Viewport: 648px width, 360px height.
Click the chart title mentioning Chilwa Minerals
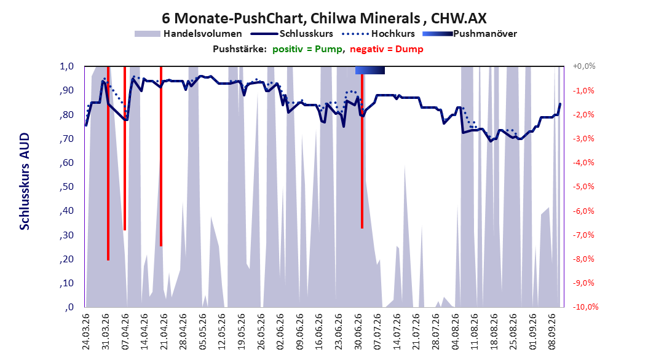pos(324,18)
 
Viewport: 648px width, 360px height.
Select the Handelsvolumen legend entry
pos(188,34)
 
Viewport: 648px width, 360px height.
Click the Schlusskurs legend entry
pos(292,34)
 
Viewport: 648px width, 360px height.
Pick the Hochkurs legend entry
pos(378,34)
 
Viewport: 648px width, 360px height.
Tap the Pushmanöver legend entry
pos(470,34)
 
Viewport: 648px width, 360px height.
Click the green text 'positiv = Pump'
pos(307,49)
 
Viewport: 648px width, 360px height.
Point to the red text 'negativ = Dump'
pos(387,49)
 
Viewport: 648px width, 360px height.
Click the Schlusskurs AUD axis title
pos(25,181)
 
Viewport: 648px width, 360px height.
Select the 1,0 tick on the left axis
pos(66,66)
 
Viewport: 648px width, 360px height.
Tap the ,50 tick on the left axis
pos(66,187)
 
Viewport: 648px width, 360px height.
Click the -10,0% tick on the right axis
pos(585,307)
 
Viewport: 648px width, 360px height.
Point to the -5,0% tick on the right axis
pos(583,187)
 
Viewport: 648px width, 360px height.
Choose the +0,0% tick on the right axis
pos(584,66)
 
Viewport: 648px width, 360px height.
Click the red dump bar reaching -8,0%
pos(108,163)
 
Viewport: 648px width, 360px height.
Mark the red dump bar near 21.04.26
pos(160,156)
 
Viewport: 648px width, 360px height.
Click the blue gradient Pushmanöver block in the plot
pos(370,70)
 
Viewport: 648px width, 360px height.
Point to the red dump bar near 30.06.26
pos(362,147)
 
